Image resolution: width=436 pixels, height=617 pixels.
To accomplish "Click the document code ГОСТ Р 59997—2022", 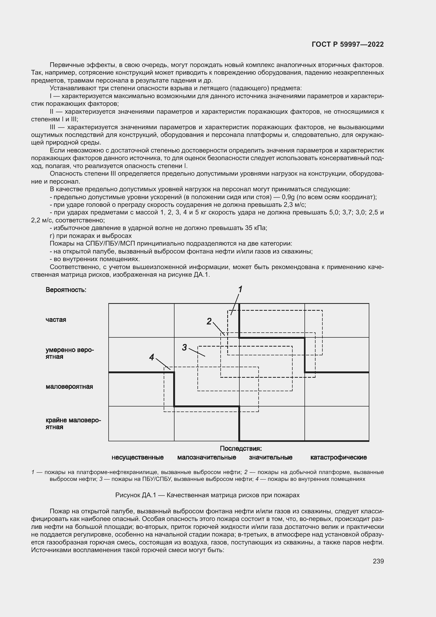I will pyautogui.click(x=348, y=45).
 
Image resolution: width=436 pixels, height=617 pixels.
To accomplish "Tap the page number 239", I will pyautogui.click(x=378, y=561).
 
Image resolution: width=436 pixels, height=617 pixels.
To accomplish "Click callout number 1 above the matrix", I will pyautogui.click(x=240, y=289).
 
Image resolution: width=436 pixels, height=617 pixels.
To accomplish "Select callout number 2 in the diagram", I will pyautogui.click(x=209, y=321).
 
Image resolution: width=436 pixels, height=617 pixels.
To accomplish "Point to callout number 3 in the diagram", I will pyautogui.click(x=185, y=347).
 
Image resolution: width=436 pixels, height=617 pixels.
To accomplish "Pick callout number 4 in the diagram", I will pyautogui.click(x=152, y=357).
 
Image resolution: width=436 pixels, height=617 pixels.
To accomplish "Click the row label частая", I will pyautogui.click(x=56, y=320).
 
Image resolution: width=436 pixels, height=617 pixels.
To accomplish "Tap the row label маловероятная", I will pyautogui.click(x=69, y=387).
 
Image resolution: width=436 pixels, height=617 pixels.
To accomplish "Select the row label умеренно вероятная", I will pyautogui.click(x=70, y=353).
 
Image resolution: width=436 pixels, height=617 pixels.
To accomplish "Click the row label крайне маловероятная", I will pyautogui.click(x=73, y=424).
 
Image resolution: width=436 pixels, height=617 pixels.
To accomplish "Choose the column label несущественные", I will pyautogui.click(x=137, y=457).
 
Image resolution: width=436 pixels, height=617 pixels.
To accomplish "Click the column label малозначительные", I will pyautogui.click(x=206, y=457).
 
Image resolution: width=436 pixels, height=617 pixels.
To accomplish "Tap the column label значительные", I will pyautogui.click(x=271, y=457).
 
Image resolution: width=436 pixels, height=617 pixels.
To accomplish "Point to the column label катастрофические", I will pyautogui.click(x=338, y=457).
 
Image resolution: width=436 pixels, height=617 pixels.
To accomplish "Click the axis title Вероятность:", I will pyautogui.click(x=66, y=290).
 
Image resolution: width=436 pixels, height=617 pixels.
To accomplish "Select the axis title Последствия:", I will pyautogui.click(x=241, y=448).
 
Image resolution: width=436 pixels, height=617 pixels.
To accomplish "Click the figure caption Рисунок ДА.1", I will pyautogui.click(x=207, y=495).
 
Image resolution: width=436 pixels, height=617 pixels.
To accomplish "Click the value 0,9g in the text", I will pyautogui.click(x=288, y=197).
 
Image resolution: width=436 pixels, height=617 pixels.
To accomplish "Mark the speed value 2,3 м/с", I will pyautogui.click(x=295, y=205).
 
